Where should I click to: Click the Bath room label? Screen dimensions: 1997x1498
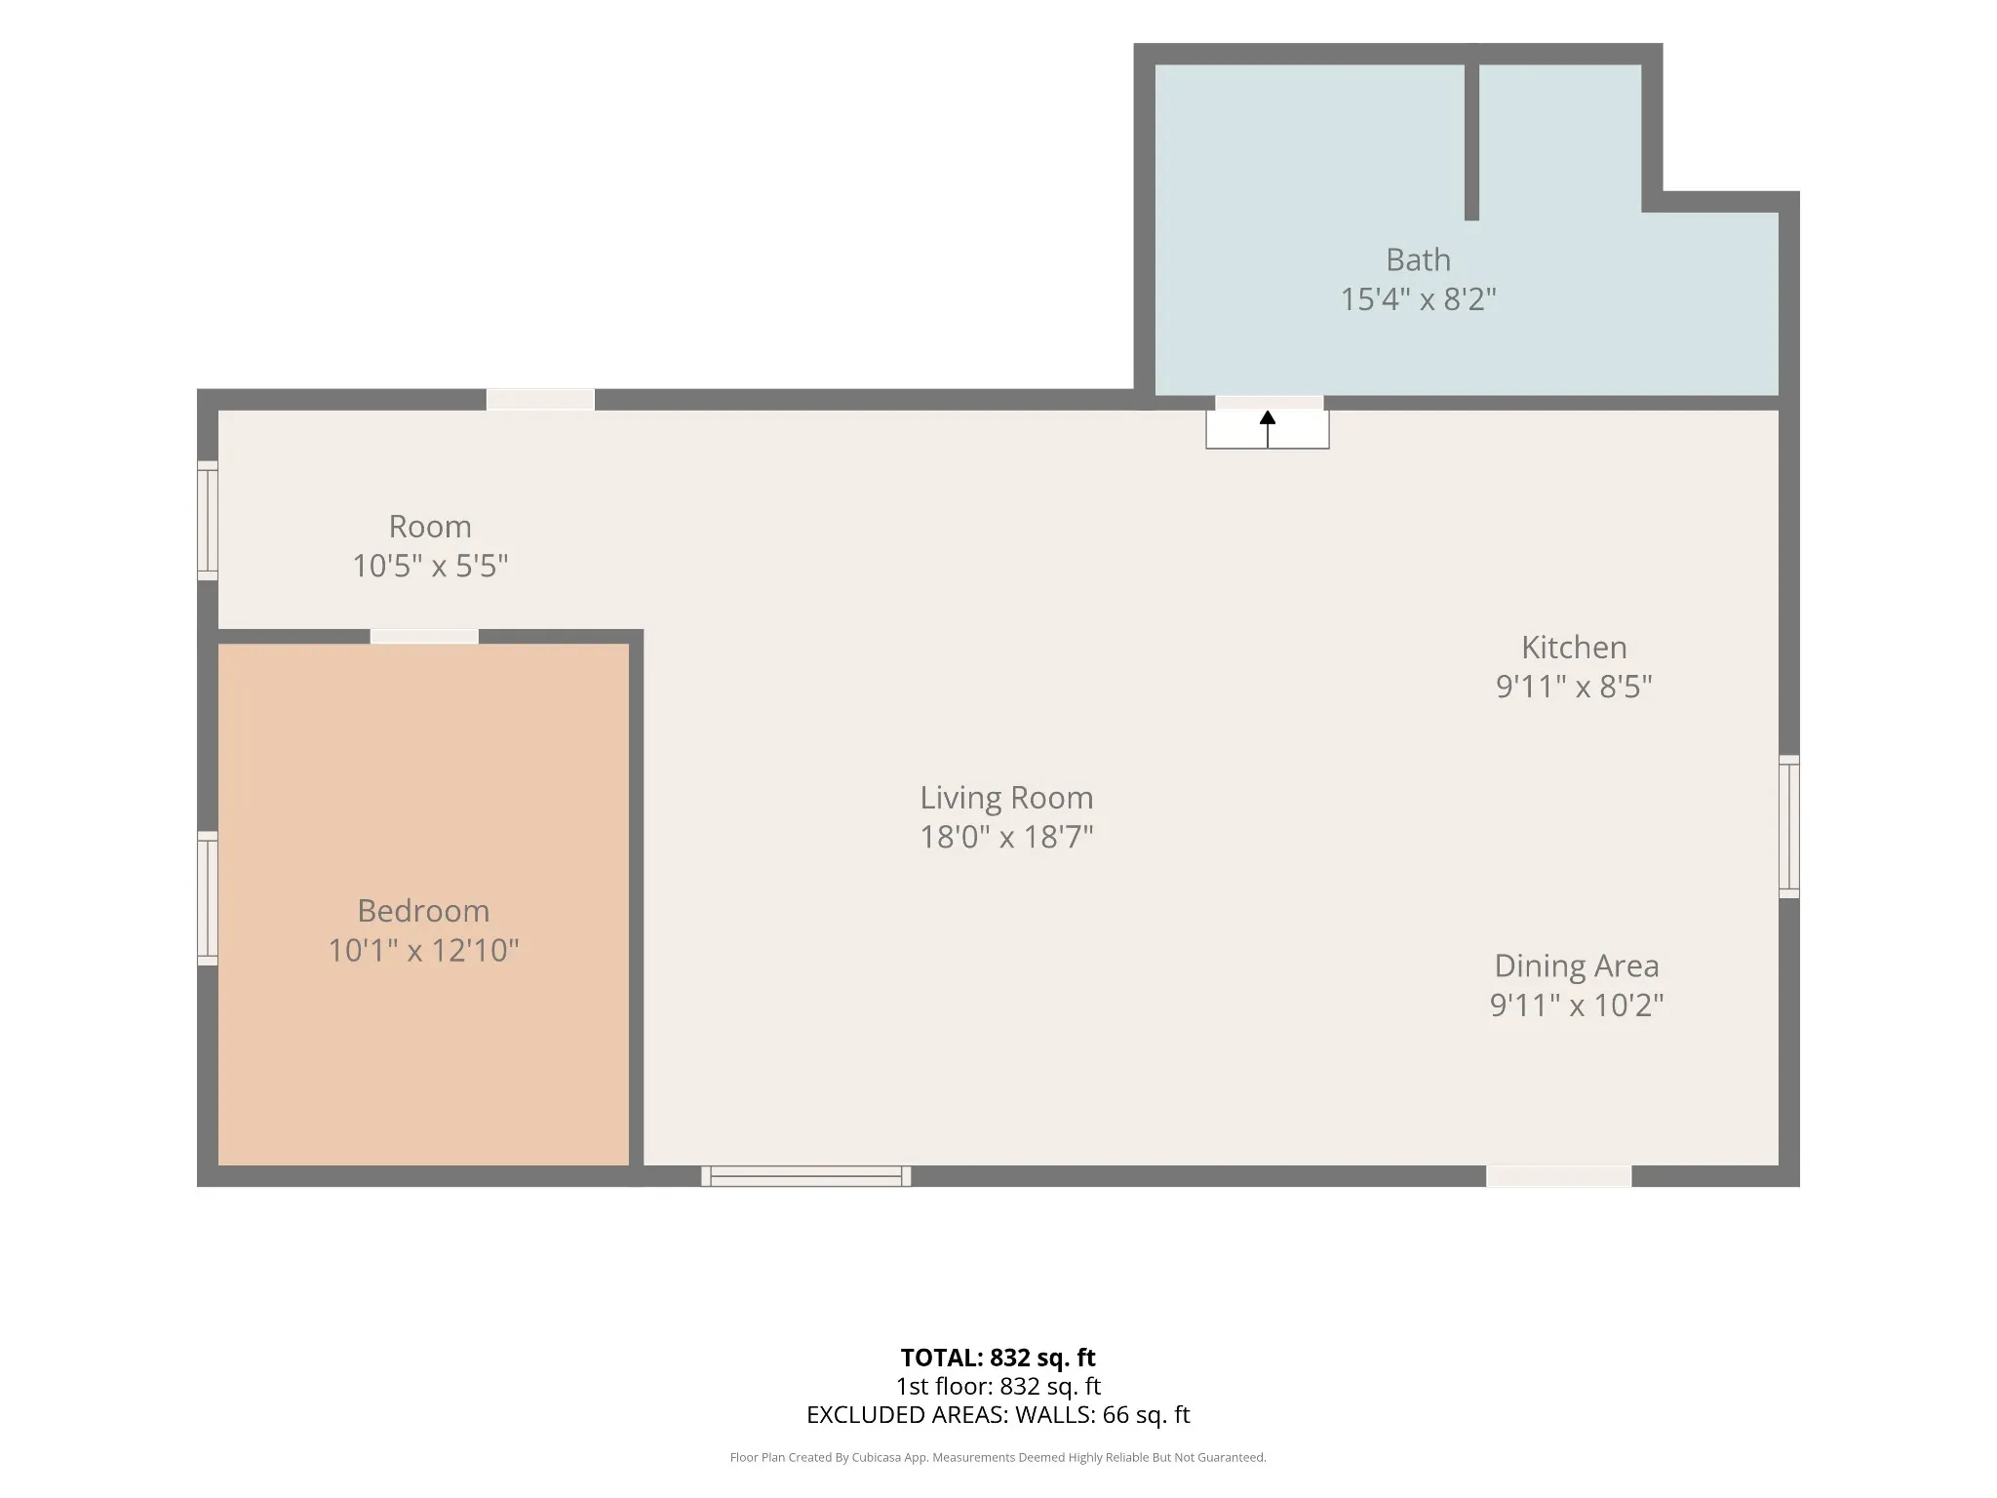pos(1418,260)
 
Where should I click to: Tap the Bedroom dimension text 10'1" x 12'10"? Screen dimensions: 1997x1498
pos(423,950)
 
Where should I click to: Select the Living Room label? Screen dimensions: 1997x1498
pos(1006,798)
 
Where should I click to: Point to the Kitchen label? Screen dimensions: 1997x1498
pos(1574,648)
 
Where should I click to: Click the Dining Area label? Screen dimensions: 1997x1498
pos(1577,966)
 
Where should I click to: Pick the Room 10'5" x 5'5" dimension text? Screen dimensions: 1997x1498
pos(430,566)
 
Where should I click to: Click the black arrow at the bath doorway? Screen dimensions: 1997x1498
pos(1268,429)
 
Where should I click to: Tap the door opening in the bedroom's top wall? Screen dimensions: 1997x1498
pos(424,637)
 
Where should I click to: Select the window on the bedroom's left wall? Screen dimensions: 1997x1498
pos(208,898)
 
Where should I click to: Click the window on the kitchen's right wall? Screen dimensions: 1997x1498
pos(1789,826)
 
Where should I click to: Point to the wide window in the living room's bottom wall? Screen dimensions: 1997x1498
pos(806,1176)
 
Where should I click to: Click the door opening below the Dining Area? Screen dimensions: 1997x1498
pos(1559,1176)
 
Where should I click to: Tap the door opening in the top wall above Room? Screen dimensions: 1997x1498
pos(540,400)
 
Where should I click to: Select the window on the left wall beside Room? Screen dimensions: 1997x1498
pos(208,521)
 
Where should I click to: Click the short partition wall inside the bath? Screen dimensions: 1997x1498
pos(1472,142)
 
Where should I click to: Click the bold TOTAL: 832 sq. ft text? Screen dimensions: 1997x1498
pos(998,1358)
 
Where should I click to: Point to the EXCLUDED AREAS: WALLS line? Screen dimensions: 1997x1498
pos(998,1414)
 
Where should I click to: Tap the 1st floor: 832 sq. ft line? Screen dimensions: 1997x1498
pos(998,1386)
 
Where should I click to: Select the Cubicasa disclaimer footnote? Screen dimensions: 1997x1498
pos(998,1457)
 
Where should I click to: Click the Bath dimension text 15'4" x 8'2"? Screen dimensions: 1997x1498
pos(1418,298)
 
